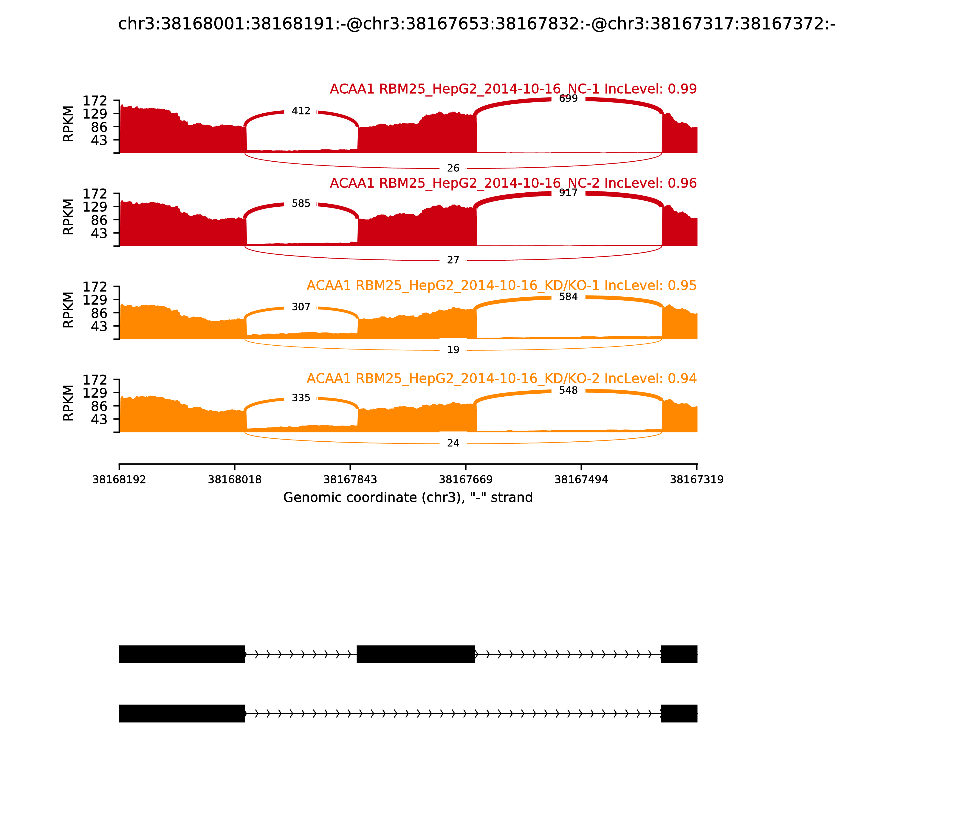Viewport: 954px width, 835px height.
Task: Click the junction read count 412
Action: [x=301, y=111]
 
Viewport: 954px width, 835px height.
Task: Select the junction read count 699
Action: [x=568, y=98]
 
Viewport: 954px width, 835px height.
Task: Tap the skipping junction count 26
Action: [x=453, y=168]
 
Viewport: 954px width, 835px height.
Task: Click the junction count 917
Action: [x=568, y=193]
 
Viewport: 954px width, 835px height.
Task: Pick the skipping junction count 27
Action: [x=453, y=260]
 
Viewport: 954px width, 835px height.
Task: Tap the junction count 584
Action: [x=568, y=297]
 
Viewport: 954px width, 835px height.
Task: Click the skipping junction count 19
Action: [x=453, y=350]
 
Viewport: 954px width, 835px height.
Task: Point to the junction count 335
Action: [x=301, y=398]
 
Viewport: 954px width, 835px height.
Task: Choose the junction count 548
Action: [x=568, y=390]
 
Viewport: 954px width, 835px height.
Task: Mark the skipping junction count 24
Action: [x=453, y=443]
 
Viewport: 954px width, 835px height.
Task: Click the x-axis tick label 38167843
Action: [x=350, y=480]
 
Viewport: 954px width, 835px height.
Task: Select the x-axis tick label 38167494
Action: [x=581, y=480]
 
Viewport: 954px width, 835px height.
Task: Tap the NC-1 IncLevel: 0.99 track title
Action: [x=513, y=89]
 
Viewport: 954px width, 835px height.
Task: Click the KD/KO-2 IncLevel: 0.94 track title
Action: [x=501, y=378]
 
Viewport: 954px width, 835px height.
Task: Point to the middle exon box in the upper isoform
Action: [x=416, y=654]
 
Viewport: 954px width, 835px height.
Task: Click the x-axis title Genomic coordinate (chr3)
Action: [x=408, y=498]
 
